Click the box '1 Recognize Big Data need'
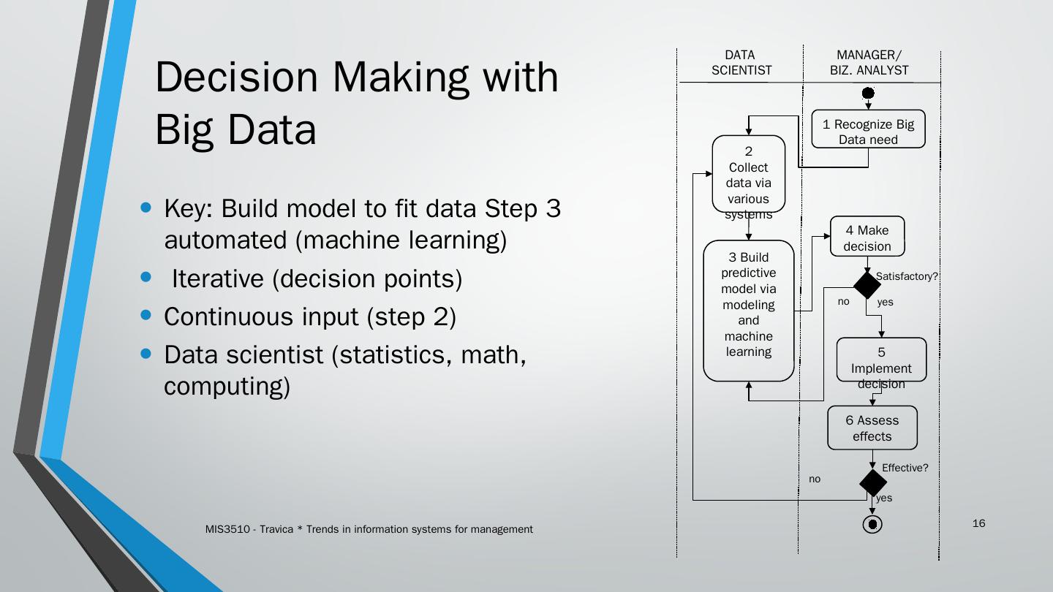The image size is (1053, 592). (868, 130)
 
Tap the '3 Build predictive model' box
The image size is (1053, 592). (748, 310)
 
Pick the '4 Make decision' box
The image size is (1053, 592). (867, 237)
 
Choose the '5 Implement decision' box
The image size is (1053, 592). (881, 360)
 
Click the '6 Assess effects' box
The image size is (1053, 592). (872, 428)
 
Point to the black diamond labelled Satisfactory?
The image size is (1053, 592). (867, 285)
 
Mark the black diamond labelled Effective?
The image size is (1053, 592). (872, 482)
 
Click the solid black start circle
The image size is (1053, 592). (868, 93)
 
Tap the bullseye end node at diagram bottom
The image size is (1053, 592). (872, 524)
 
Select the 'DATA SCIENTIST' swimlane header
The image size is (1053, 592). (741, 63)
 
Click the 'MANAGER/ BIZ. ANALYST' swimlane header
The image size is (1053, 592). (869, 63)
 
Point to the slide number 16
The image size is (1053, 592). (979, 523)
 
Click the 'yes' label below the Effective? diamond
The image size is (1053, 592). (884, 498)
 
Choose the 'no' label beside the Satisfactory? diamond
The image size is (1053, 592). (843, 302)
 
